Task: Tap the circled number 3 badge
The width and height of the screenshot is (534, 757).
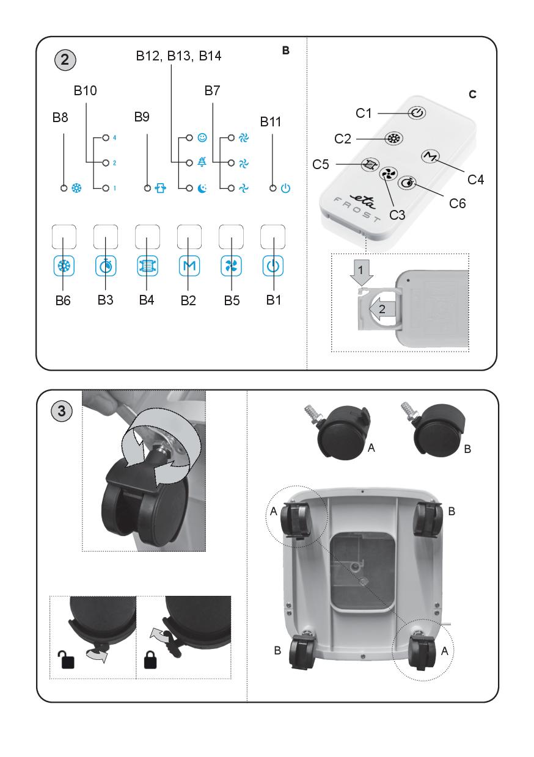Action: pos(61,411)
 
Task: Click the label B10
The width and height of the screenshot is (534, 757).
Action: pos(86,91)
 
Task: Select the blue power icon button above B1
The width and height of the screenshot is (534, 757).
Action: pos(272,267)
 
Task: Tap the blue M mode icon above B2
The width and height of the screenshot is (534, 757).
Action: pos(189,267)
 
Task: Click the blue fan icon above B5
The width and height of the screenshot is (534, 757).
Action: pos(231,267)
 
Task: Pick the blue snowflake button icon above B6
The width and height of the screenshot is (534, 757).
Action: pos(64,267)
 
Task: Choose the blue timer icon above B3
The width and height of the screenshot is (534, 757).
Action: pos(106,267)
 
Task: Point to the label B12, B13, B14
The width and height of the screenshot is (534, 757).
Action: pos(178,57)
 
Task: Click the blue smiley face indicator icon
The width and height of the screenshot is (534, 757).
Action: pos(202,138)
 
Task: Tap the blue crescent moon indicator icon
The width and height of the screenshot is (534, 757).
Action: pos(202,189)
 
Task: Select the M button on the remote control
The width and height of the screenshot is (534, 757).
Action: pos(430,157)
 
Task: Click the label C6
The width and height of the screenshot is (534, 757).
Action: pos(453,203)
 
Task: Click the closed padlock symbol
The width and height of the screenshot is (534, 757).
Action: pos(150,660)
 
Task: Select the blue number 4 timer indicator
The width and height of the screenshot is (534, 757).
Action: pos(114,138)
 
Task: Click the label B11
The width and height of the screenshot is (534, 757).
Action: pos(271,121)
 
